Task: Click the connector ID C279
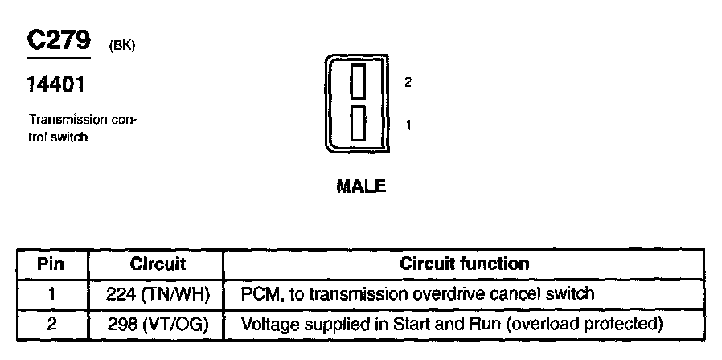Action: [x=59, y=42]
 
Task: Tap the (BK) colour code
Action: [x=121, y=47]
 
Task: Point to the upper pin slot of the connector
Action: [x=359, y=81]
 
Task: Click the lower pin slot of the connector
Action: [x=359, y=124]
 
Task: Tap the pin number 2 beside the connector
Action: [x=408, y=82]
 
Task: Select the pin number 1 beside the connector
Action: [x=408, y=125]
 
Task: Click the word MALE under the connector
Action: [x=361, y=186]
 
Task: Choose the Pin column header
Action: [x=51, y=264]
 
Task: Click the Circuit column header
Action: [x=158, y=264]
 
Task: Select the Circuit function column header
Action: [x=464, y=264]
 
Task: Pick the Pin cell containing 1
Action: [x=51, y=294]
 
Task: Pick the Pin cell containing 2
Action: [x=51, y=325]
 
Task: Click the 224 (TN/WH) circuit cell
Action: [x=158, y=294]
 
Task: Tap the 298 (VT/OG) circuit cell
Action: [x=158, y=325]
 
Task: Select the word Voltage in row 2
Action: [x=269, y=325]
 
